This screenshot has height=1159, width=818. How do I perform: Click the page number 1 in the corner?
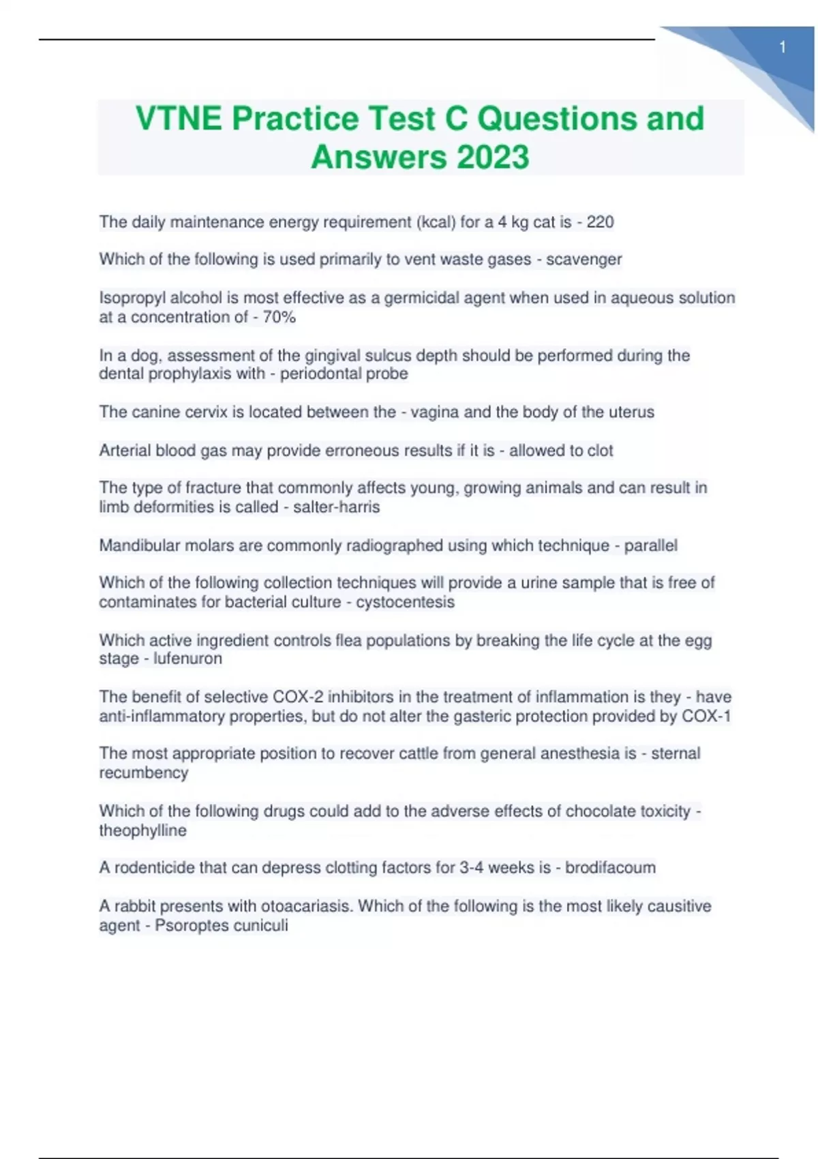pos(783,48)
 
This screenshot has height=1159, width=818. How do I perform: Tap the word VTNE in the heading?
pos(179,118)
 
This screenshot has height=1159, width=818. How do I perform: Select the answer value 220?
pos(600,222)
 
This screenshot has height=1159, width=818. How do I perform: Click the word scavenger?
pos(584,260)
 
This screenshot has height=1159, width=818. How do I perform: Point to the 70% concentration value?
pos(279,317)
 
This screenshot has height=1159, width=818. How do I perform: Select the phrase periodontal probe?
pos(344,374)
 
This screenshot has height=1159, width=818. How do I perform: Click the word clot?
pos(598,451)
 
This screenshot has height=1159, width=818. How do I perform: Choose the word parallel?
pos(650,545)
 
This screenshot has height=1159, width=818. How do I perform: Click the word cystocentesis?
pos(405,602)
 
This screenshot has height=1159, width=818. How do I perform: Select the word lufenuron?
pos(187,659)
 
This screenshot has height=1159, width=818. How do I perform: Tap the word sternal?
pos(675,753)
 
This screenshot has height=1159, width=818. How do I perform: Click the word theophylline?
pos(142,830)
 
